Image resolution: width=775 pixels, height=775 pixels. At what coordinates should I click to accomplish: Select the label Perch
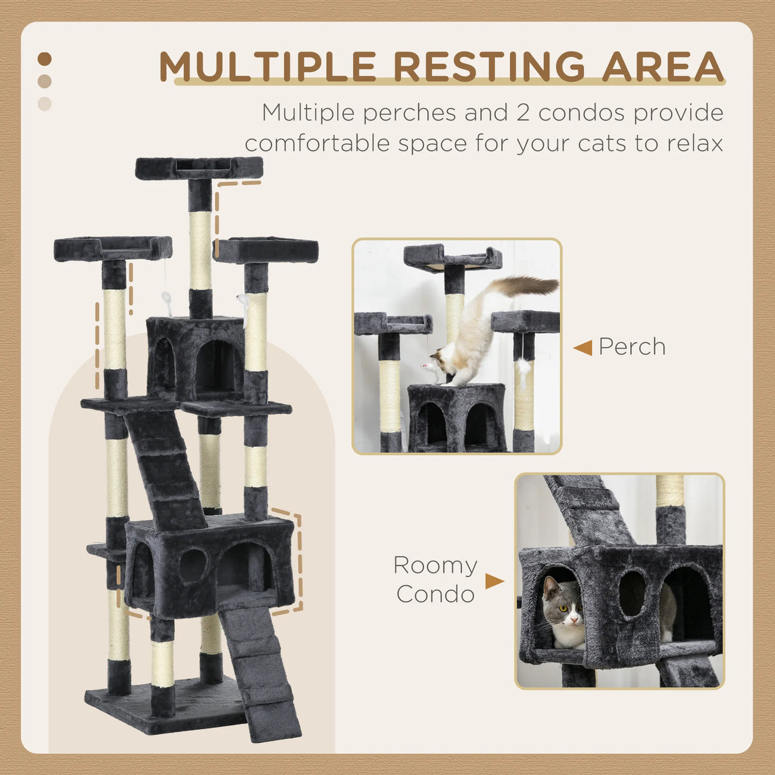(x=632, y=347)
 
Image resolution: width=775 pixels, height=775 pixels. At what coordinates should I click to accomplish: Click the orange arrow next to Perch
(x=582, y=348)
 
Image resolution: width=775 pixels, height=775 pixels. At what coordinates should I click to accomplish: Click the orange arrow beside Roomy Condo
(x=494, y=581)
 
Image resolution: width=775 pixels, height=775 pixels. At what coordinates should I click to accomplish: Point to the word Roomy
(x=435, y=566)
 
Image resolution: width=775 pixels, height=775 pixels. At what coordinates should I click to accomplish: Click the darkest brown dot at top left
(x=44, y=59)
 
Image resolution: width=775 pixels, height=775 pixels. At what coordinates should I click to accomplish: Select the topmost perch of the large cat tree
(x=199, y=168)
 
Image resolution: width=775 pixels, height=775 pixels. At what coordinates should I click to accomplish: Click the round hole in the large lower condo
(x=192, y=566)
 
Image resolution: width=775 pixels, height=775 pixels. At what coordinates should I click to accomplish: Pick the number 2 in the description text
(x=518, y=113)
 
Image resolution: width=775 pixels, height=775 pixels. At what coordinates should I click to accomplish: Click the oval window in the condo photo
(x=632, y=594)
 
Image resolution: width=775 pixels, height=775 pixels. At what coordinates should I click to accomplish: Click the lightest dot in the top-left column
(x=44, y=103)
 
